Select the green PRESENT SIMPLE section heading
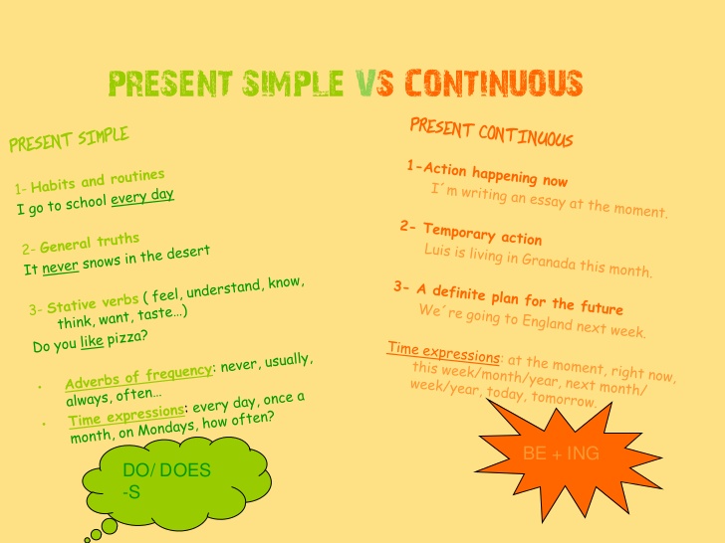coord(69,139)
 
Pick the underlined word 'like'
coord(92,343)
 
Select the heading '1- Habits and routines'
coord(90,181)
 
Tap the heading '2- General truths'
coord(81,245)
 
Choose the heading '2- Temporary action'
coord(471,233)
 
